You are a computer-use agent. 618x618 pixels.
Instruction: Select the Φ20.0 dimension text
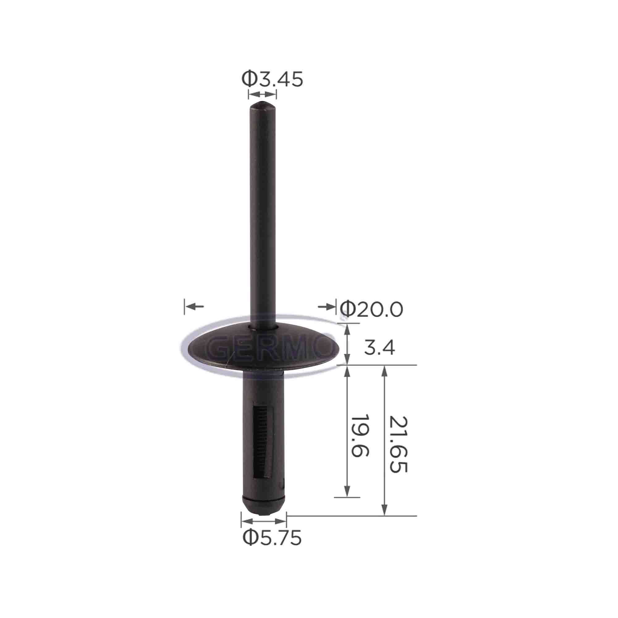(x=371, y=309)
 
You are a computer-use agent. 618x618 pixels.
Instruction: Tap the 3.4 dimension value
(x=379, y=348)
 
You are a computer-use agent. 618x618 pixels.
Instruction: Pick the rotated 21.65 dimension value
(x=399, y=445)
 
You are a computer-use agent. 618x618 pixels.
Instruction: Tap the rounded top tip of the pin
(x=262, y=106)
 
